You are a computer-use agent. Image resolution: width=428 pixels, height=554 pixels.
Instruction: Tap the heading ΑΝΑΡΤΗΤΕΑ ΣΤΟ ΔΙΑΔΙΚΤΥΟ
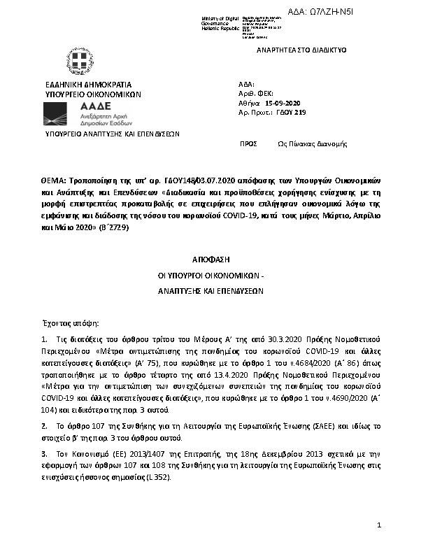(301, 50)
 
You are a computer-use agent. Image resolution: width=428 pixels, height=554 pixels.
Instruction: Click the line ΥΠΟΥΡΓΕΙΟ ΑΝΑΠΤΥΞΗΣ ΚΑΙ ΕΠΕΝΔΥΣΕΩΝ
(113, 133)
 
